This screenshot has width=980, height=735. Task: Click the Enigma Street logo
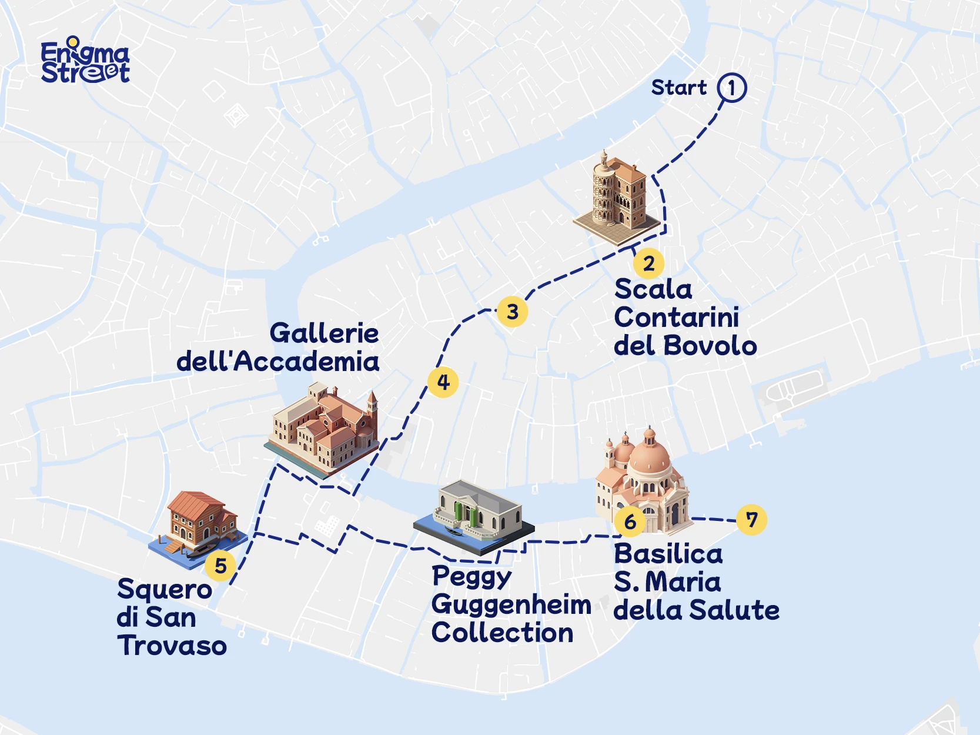pyautogui.click(x=85, y=61)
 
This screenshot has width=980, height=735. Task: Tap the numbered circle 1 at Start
pyautogui.click(x=732, y=88)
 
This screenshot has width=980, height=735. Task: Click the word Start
pyautogui.click(x=678, y=88)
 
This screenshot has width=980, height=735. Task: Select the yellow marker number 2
pyautogui.click(x=648, y=263)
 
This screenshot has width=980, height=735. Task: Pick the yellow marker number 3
pyautogui.click(x=512, y=312)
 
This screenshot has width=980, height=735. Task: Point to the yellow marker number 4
pyautogui.click(x=443, y=382)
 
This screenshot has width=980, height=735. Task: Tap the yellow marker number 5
pyautogui.click(x=220, y=566)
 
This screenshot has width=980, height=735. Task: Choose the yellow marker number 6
pyautogui.click(x=630, y=521)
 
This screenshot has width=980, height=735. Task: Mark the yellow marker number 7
pyautogui.click(x=751, y=519)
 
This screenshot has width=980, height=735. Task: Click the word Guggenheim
pyautogui.click(x=511, y=606)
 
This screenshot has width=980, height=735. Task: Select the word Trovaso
pyautogui.click(x=172, y=646)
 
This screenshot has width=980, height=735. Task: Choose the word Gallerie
pyautogui.click(x=324, y=333)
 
